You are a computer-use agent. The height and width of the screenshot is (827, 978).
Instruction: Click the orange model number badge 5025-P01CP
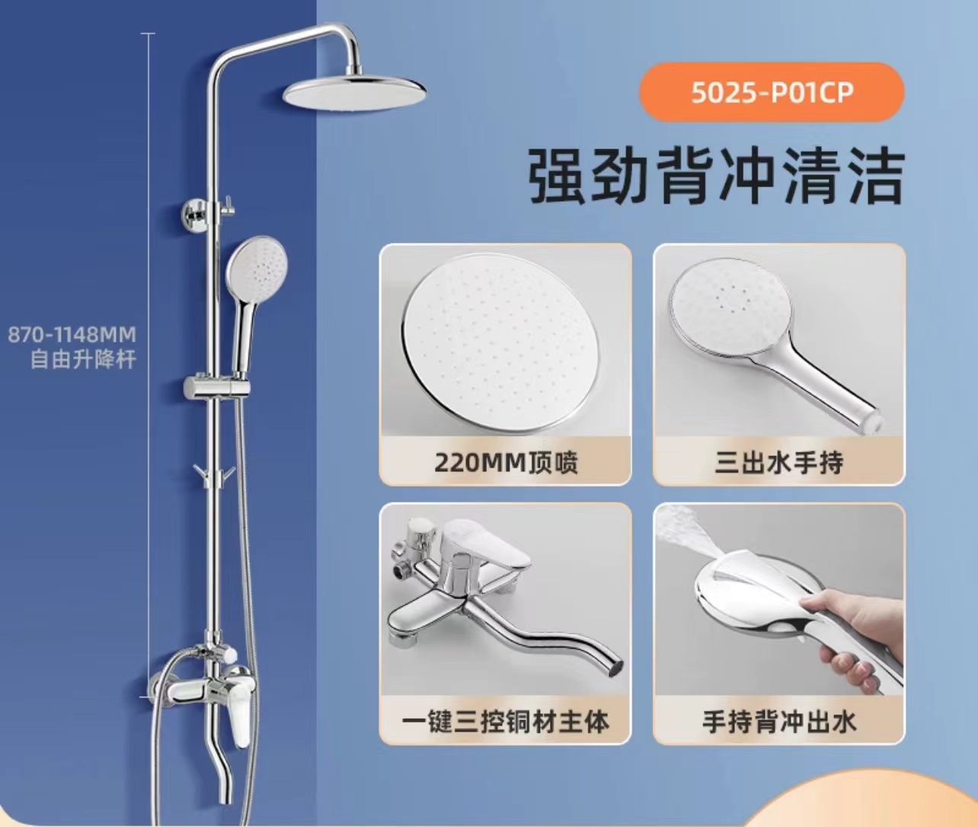pos(772,92)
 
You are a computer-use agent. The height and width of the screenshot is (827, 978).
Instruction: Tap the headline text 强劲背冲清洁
pos(716,176)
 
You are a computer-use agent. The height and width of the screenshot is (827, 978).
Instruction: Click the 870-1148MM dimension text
pos(72,335)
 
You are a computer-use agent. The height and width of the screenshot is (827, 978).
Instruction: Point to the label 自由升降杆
pos(83,359)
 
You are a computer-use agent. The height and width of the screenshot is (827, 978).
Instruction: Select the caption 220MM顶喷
pos(506,463)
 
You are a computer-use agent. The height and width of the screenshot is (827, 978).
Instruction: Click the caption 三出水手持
pos(778,463)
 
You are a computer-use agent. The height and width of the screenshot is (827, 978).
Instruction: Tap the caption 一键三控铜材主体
pos(505,723)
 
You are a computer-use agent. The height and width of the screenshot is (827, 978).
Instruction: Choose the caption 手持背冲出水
pos(778,723)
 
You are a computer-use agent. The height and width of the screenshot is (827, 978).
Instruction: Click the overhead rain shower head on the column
pos(354,93)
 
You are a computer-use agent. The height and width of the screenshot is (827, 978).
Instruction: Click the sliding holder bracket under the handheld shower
pos(217,388)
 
